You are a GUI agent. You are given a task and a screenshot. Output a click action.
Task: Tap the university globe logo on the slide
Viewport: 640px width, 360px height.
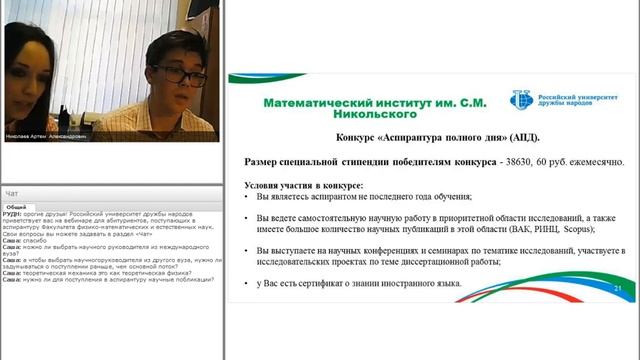[x=521, y=99]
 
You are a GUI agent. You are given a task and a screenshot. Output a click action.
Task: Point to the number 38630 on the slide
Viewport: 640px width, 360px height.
[x=528, y=161]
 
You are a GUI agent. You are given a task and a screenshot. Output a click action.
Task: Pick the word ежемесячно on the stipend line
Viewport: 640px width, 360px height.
[x=598, y=161]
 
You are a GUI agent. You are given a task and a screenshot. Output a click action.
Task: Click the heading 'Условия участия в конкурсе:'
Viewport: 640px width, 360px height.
[x=303, y=185]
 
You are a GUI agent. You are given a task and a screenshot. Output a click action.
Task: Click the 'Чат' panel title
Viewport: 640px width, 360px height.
[x=12, y=192]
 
